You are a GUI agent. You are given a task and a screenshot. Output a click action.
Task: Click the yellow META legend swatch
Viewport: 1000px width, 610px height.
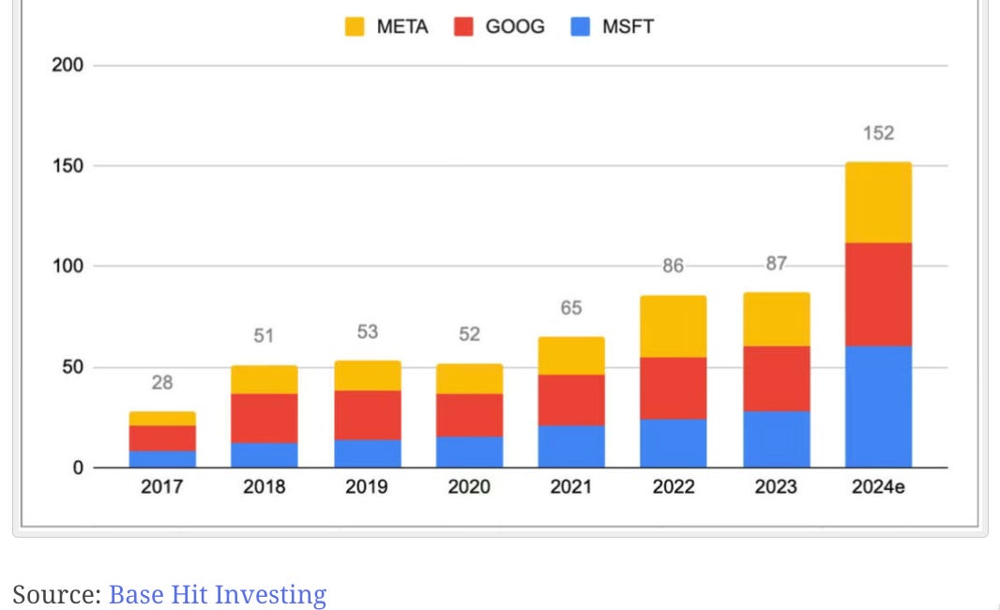coord(355,27)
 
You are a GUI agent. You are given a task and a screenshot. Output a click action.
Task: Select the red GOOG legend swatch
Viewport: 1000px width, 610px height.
coord(463,27)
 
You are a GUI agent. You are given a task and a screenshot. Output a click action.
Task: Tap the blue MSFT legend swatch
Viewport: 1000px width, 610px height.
coord(581,27)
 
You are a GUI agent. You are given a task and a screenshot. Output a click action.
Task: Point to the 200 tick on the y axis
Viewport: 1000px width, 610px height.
coord(68,65)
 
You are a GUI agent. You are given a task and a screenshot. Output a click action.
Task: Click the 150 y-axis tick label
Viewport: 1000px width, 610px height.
coord(68,166)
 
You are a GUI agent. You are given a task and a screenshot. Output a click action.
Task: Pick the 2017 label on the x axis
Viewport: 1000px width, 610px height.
coord(162,487)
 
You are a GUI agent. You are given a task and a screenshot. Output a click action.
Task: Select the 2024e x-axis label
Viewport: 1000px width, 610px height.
coord(878,487)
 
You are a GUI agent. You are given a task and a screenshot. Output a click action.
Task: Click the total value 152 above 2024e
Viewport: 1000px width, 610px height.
coord(879,132)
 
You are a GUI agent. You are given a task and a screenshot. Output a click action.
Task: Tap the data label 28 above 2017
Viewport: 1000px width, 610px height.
coord(162,382)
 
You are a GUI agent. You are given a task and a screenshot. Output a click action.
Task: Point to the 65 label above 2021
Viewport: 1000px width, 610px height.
coord(571,308)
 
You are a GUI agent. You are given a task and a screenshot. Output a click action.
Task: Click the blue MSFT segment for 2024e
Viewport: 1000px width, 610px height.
coord(878,407)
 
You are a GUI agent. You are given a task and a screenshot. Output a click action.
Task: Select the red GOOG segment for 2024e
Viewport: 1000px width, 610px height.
coord(878,295)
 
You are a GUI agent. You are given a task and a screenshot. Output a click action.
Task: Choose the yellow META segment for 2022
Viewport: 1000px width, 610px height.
coord(674,327)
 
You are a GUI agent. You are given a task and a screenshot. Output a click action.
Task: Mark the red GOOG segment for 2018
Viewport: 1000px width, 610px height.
coord(264,419)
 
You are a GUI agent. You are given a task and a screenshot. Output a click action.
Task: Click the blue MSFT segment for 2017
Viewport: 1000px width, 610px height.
coord(162,460)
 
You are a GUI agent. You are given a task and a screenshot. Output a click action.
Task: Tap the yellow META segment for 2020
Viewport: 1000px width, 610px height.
coord(469,379)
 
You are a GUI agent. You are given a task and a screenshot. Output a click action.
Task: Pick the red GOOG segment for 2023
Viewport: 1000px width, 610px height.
coord(776,379)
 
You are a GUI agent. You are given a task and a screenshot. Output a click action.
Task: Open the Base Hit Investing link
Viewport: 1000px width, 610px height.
coord(218,594)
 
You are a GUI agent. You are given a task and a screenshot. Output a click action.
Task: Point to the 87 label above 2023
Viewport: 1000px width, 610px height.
coord(776,263)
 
